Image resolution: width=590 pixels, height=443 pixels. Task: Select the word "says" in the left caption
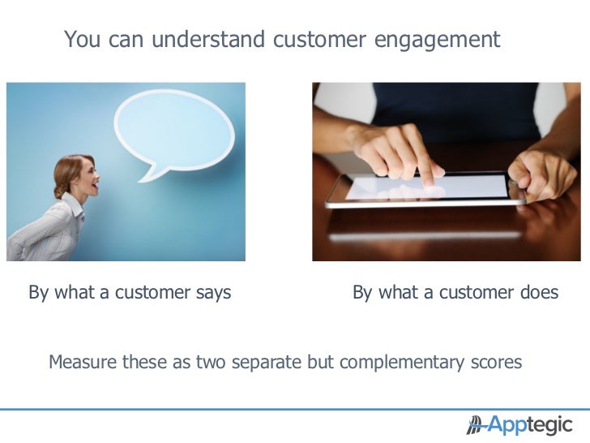[213, 292]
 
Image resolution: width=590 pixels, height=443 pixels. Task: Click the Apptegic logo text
[530, 424]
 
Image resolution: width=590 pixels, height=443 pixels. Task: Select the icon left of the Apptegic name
[475, 424]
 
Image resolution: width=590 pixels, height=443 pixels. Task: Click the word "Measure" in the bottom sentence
[82, 362]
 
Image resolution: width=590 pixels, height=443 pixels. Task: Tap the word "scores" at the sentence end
[495, 362]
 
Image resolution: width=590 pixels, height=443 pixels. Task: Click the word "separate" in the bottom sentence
[263, 362]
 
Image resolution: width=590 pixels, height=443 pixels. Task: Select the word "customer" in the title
[321, 39]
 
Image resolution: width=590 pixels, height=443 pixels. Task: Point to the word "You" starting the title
[79, 39]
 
